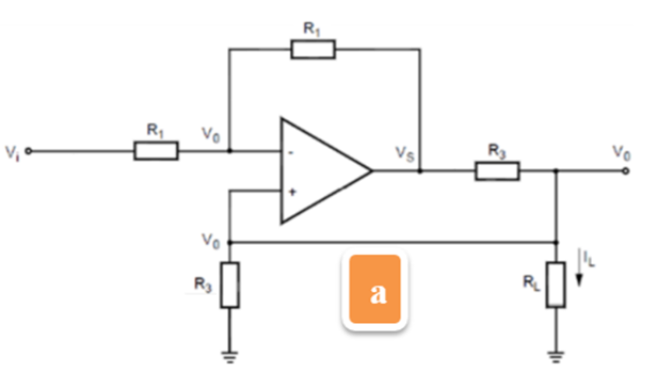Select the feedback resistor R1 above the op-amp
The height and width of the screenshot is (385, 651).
click(x=313, y=50)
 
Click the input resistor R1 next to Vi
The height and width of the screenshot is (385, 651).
click(x=156, y=151)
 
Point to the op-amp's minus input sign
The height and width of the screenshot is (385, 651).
click(x=290, y=153)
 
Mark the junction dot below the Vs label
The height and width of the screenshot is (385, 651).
click(x=420, y=170)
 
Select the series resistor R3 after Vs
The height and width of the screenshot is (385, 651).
click(x=497, y=170)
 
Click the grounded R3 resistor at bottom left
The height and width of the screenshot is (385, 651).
click(x=229, y=285)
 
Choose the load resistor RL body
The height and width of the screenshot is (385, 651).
click(x=555, y=285)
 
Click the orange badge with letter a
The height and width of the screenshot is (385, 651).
click(x=376, y=290)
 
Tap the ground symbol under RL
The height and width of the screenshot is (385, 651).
click(x=555, y=357)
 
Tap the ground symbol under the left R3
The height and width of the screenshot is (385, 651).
click(x=229, y=357)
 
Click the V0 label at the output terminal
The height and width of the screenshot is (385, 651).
click(x=621, y=152)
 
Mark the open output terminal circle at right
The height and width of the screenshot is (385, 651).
click(x=626, y=170)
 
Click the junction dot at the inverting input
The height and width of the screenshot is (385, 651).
click(x=229, y=151)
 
